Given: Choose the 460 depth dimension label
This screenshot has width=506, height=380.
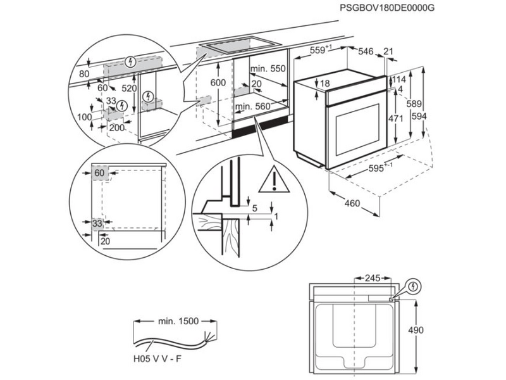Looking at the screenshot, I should click(x=352, y=203).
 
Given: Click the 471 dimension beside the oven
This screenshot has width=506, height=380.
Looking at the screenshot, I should click(x=396, y=118).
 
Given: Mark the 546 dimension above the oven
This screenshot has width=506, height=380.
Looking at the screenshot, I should click(x=366, y=51).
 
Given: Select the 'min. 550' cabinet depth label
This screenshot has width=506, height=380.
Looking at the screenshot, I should click(x=268, y=68).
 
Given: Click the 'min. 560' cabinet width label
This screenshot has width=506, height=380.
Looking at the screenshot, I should click(x=252, y=107).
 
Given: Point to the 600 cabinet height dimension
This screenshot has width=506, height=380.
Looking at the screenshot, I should click(x=218, y=83).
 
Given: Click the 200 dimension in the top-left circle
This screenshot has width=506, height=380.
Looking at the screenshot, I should click(x=116, y=127).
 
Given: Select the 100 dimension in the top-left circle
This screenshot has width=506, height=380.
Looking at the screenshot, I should click(x=84, y=117).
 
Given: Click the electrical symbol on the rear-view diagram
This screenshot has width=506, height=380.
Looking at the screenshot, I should click(x=413, y=286).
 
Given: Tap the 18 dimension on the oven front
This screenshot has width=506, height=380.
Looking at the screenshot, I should click(x=325, y=84).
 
